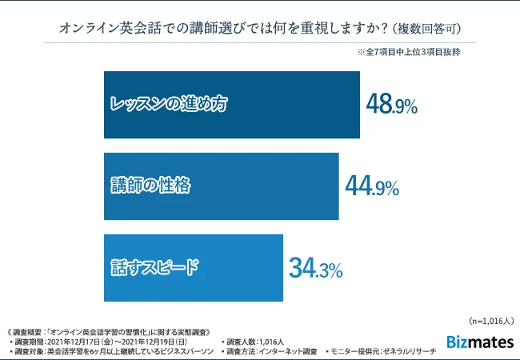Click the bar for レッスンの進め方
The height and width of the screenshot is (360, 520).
pyautogui.click(x=232, y=105)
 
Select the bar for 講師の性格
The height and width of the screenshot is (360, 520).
pyautogui.click(x=221, y=186)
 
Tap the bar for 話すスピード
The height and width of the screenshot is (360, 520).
pyautogui.click(x=194, y=268)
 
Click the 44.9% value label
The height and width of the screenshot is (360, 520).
pyautogui.click(x=371, y=186)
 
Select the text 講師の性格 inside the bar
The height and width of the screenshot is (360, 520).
pyautogui.click(x=151, y=186)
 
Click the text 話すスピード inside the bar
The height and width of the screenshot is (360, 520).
pyautogui.click(x=154, y=268)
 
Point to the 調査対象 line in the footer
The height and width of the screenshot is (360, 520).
pyautogui.click(x=112, y=351)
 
